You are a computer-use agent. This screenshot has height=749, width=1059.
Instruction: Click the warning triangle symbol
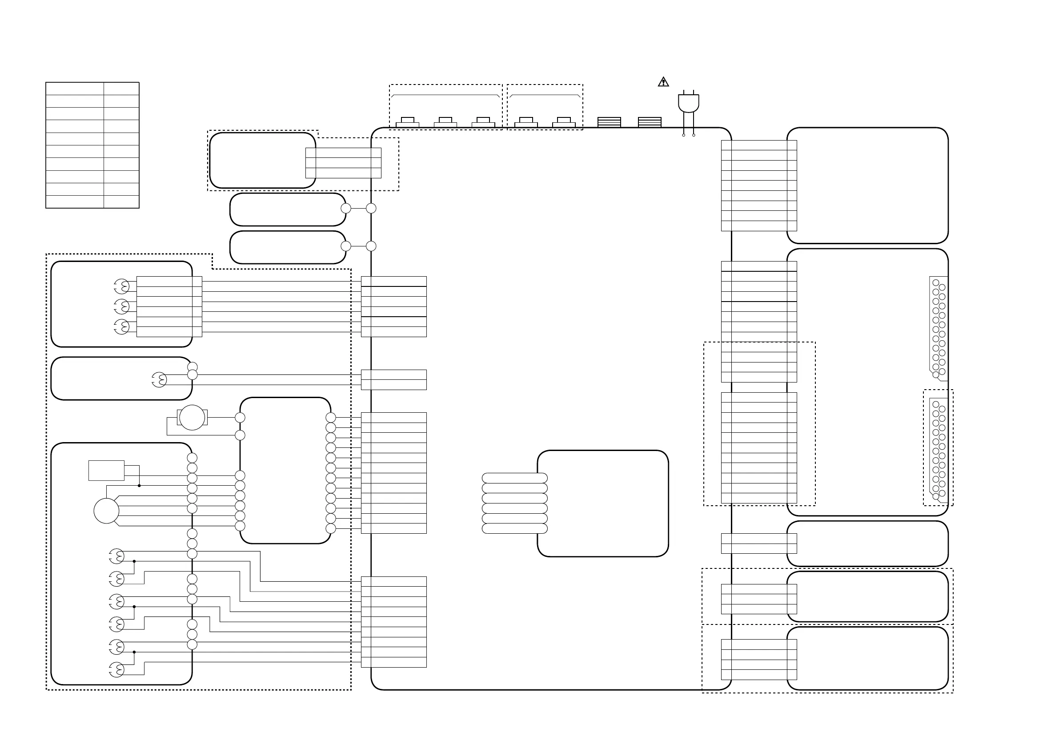tap(663, 82)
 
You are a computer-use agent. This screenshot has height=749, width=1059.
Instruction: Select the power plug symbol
tap(688, 103)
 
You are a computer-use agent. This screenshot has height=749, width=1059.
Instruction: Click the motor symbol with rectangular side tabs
tap(192, 417)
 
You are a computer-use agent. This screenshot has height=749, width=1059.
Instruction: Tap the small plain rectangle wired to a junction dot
tap(106, 470)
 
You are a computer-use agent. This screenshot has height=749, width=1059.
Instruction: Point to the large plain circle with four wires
tap(106, 511)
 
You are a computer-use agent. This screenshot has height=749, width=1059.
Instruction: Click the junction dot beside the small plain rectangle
tap(139, 486)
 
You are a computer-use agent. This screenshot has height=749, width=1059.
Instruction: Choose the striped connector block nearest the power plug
tap(650, 122)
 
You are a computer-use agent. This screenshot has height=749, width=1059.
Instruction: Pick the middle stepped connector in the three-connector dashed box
tap(445, 122)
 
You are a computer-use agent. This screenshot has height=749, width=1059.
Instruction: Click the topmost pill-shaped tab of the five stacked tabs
tap(514, 478)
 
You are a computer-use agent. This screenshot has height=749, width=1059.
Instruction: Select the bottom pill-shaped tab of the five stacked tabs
tap(514, 528)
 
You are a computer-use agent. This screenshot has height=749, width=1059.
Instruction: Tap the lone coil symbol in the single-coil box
tap(160, 380)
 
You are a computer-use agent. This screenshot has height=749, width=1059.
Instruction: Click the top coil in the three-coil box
tap(122, 286)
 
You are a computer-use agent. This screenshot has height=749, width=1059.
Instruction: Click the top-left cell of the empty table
tap(74, 89)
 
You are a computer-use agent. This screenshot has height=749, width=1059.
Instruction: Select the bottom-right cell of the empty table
tap(121, 201)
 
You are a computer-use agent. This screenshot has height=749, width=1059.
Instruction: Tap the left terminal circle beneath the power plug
tap(684, 135)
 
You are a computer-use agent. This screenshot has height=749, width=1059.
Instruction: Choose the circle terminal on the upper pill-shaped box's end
tap(345, 209)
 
